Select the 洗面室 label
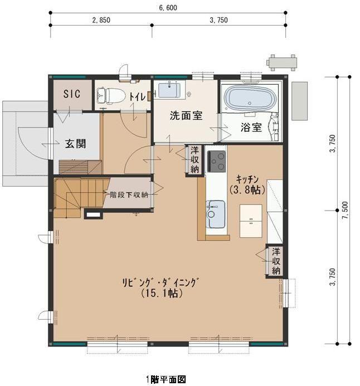(x=186, y=116)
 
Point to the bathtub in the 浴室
(x=251, y=99)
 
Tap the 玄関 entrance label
(x=75, y=143)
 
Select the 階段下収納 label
(x=129, y=194)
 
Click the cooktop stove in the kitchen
(x=217, y=161)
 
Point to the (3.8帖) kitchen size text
(x=246, y=189)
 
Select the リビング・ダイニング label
(x=161, y=281)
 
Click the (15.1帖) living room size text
(x=161, y=293)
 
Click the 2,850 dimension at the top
(x=101, y=19)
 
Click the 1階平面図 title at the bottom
(x=166, y=379)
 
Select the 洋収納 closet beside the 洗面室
(x=194, y=160)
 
